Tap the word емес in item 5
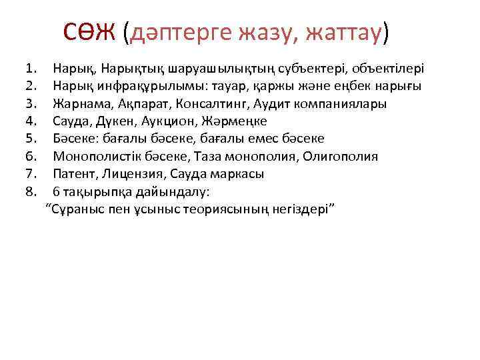coord(252,139)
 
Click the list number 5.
coord(29,139)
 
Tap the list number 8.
coord(29,192)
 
